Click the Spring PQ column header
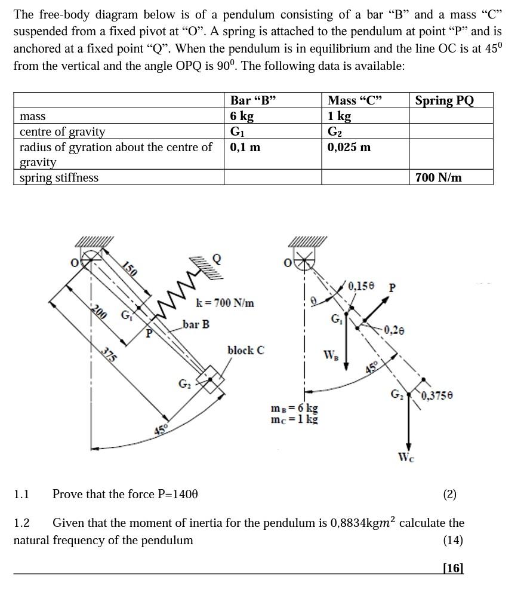click(x=445, y=100)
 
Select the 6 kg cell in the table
click(x=242, y=116)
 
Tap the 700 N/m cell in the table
click(x=439, y=177)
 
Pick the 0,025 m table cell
click(x=349, y=147)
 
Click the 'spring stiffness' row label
click(x=59, y=177)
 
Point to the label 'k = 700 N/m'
click(x=225, y=303)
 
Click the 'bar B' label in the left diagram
click(x=196, y=324)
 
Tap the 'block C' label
click(x=245, y=350)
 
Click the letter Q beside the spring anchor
click(x=217, y=258)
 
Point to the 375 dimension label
click(x=107, y=355)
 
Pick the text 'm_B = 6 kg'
click(x=294, y=409)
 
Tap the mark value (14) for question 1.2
click(x=453, y=540)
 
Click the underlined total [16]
click(x=452, y=567)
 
